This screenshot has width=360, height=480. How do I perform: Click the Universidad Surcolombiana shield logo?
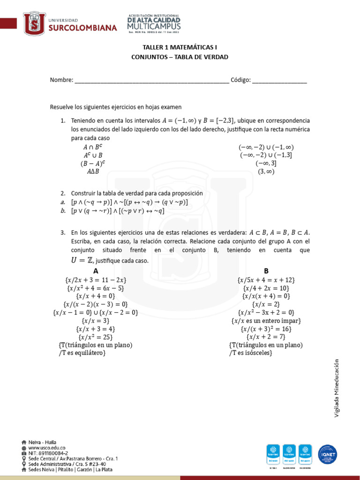coord(35,24)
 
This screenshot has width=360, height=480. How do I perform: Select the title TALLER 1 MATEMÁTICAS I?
coord(180,47)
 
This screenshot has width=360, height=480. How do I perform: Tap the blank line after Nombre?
coord(151,80)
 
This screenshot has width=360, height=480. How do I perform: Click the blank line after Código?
coord(279,80)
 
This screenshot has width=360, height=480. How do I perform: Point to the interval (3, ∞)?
coord(266,172)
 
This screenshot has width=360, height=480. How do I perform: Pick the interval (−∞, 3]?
coord(266,164)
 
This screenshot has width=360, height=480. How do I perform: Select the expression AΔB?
coord(93,172)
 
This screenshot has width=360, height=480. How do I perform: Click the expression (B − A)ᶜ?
coord(93,164)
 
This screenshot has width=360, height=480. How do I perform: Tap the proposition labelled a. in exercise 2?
coord(129,202)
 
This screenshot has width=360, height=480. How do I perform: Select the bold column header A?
coord(96,271)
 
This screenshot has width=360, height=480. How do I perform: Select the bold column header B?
coord(266,271)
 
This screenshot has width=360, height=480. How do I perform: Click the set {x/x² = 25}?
coord(96,337)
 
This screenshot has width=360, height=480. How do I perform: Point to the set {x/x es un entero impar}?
coord(266,321)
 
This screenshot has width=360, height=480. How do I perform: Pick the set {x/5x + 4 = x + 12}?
coord(266,280)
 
